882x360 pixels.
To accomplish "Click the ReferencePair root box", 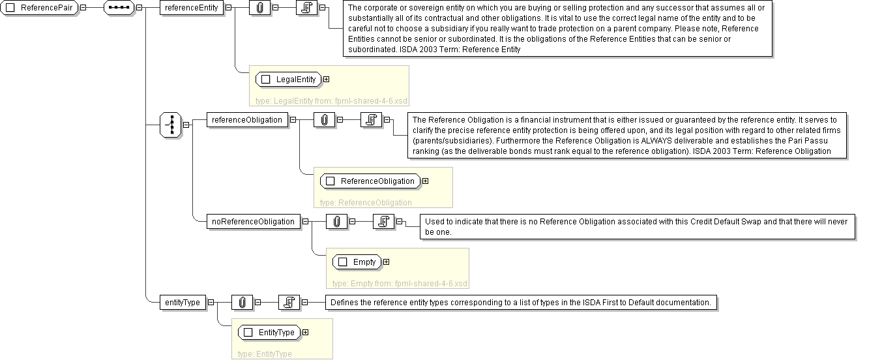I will coord(40,8).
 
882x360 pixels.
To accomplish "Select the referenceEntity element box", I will coord(191,8).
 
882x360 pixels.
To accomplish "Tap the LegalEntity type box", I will coord(289,80).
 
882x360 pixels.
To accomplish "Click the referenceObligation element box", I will coord(246,120).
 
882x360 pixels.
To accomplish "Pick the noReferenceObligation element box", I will coord(253,222).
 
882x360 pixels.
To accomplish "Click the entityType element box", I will coord(183,303).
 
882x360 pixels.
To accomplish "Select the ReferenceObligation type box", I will coord(370,181).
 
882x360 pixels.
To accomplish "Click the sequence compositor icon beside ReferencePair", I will coord(119,8).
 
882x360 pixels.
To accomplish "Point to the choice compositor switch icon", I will coord(170,125).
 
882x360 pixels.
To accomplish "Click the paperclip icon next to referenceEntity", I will coord(259,8).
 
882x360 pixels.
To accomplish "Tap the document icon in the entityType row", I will coord(288,303).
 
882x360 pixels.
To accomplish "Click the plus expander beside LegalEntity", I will coord(326,80).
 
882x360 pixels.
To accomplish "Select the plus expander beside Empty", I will coord(386,262).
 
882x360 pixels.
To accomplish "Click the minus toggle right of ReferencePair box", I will coord(83,8).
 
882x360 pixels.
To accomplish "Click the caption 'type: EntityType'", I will coord(265,353).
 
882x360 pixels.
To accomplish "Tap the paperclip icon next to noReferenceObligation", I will coord(336,222).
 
